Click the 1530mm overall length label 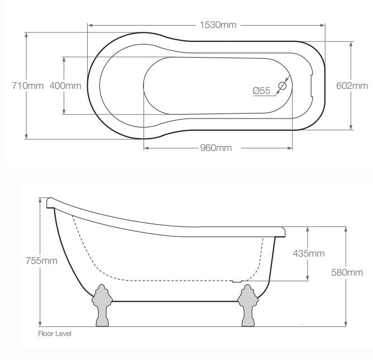pyautogui.click(x=218, y=25)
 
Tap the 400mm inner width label pyautogui.click(x=65, y=86)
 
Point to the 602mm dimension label pyautogui.click(x=352, y=86)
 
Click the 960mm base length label pyautogui.click(x=216, y=148)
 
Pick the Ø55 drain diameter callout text pyautogui.click(x=261, y=91)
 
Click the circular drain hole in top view pyautogui.click(x=283, y=86)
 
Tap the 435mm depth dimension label pyautogui.click(x=309, y=253)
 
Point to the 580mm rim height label pyautogui.click(x=347, y=272)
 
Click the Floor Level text pyautogui.click(x=55, y=334)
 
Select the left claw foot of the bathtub pyautogui.click(x=102, y=305)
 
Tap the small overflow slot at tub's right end pyautogui.click(x=311, y=86)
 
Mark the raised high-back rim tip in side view pyautogui.click(x=49, y=201)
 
